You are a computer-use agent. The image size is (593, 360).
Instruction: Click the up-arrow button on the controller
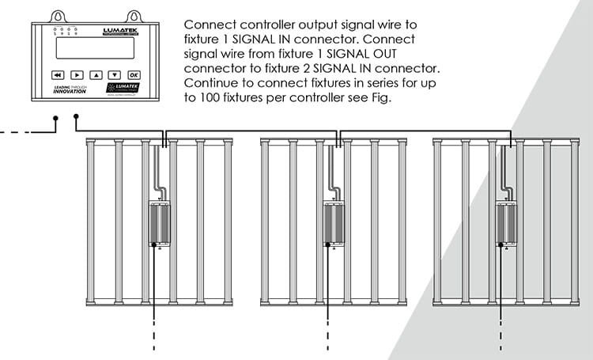[x=96, y=74]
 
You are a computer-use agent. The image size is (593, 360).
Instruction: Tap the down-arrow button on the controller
[x=114, y=74]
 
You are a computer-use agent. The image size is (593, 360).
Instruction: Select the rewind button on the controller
[x=58, y=74]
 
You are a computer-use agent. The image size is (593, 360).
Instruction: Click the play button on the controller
[x=77, y=74]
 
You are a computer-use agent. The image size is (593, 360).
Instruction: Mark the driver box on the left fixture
[x=161, y=224]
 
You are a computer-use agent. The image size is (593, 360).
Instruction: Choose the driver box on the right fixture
[x=506, y=224]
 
